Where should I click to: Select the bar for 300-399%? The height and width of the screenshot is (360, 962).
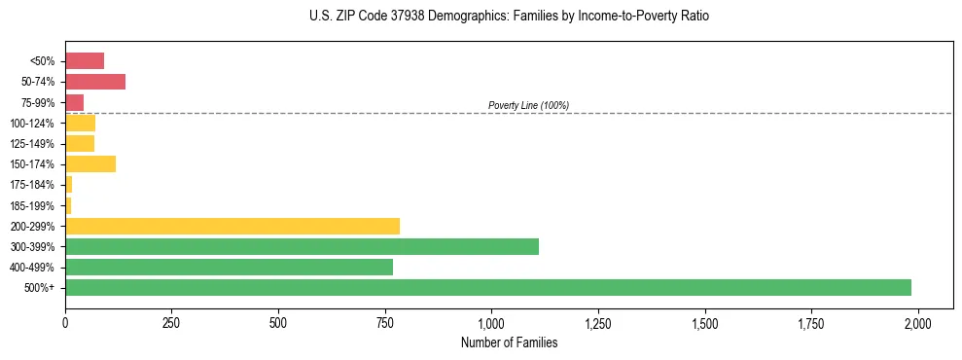(302, 246)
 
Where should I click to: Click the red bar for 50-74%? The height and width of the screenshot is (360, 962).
(95, 82)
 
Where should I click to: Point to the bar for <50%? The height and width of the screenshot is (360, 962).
(85, 61)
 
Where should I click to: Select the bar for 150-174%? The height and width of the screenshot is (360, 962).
(90, 164)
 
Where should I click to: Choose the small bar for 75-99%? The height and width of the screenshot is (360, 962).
(75, 102)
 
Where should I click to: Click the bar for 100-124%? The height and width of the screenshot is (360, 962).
(81, 123)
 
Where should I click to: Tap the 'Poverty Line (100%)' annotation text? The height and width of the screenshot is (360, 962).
(528, 105)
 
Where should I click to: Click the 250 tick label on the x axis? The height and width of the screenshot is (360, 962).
(171, 323)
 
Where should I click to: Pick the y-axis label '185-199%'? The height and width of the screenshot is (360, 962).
(34, 205)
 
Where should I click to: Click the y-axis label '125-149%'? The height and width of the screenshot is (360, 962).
(34, 144)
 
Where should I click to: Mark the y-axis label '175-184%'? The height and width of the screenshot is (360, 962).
(34, 185)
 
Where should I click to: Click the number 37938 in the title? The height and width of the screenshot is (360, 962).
(408, 18)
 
